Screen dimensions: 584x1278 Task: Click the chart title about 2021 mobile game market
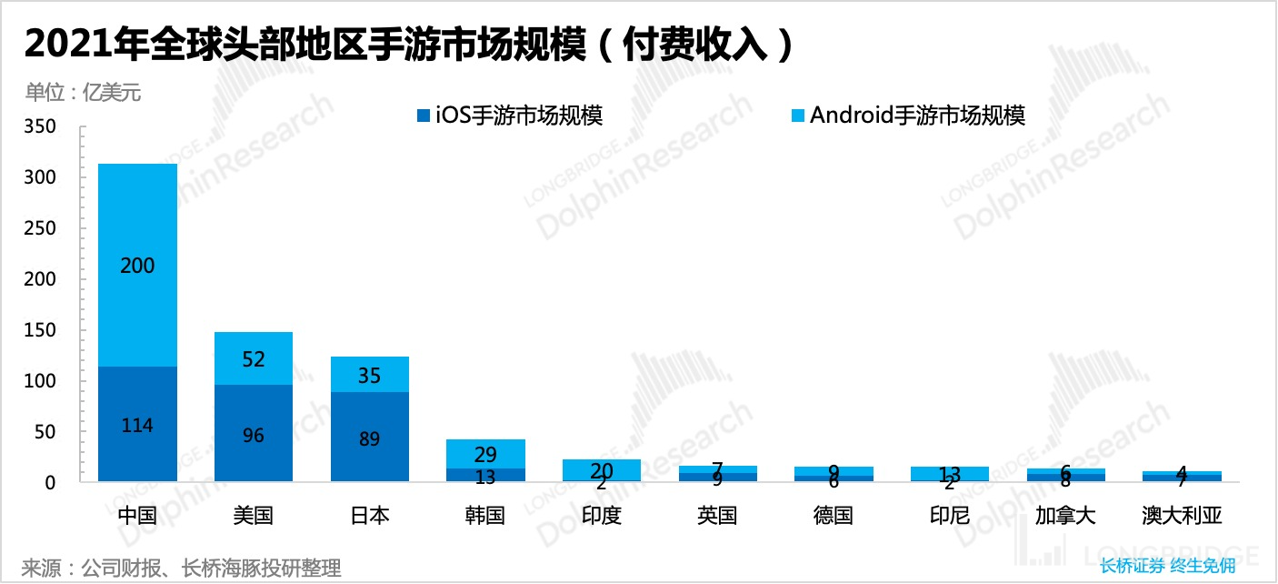click(x=409, y=45)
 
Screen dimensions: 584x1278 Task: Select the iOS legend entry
click(x=509, y=116)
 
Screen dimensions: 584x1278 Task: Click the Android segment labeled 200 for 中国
click(x=137, y=266)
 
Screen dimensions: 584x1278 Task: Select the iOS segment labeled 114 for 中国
click(x=137, y=425)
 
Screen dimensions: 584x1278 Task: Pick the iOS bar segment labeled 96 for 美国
click(x=254, y=435)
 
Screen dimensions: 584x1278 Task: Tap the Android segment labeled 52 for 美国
click(x=254, y=359)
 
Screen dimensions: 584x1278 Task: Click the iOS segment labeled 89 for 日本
click(x=369, y=438)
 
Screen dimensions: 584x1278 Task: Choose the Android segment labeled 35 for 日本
click(x=369, y=375)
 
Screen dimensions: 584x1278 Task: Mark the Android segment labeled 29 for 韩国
click(x=485, y=454)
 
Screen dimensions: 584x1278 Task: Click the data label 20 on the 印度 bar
click(x=601, y=470)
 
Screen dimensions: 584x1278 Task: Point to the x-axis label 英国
click(x=717, y=516)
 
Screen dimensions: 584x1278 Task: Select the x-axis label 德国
click(x=834, y=516)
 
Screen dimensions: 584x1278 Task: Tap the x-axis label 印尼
click(x=950, y=516)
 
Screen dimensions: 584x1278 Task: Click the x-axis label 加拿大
click(x=1065, y=516)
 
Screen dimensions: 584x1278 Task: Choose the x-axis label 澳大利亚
click(x=1182, y=516)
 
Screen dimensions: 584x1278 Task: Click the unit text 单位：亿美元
click(x=83, y=92)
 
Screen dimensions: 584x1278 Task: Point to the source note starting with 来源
click(x=181, y=569)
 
